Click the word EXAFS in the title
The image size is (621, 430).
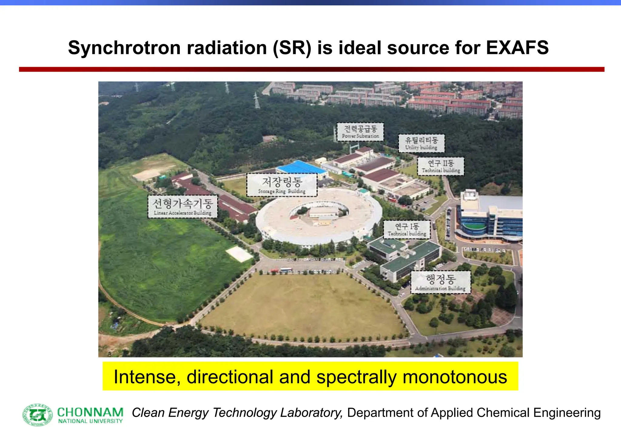517,48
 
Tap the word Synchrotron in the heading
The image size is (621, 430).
124,48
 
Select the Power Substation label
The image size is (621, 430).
360,132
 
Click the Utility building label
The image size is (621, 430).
421,143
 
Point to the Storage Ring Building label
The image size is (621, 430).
282,185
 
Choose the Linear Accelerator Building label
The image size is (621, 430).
183,207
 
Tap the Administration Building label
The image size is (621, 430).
441,282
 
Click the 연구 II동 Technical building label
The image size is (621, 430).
441,166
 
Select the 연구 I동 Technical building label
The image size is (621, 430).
407,229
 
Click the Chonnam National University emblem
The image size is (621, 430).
38,415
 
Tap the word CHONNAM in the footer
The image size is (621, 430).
90,412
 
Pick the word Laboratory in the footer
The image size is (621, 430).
311,413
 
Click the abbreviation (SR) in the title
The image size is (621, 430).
292,48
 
